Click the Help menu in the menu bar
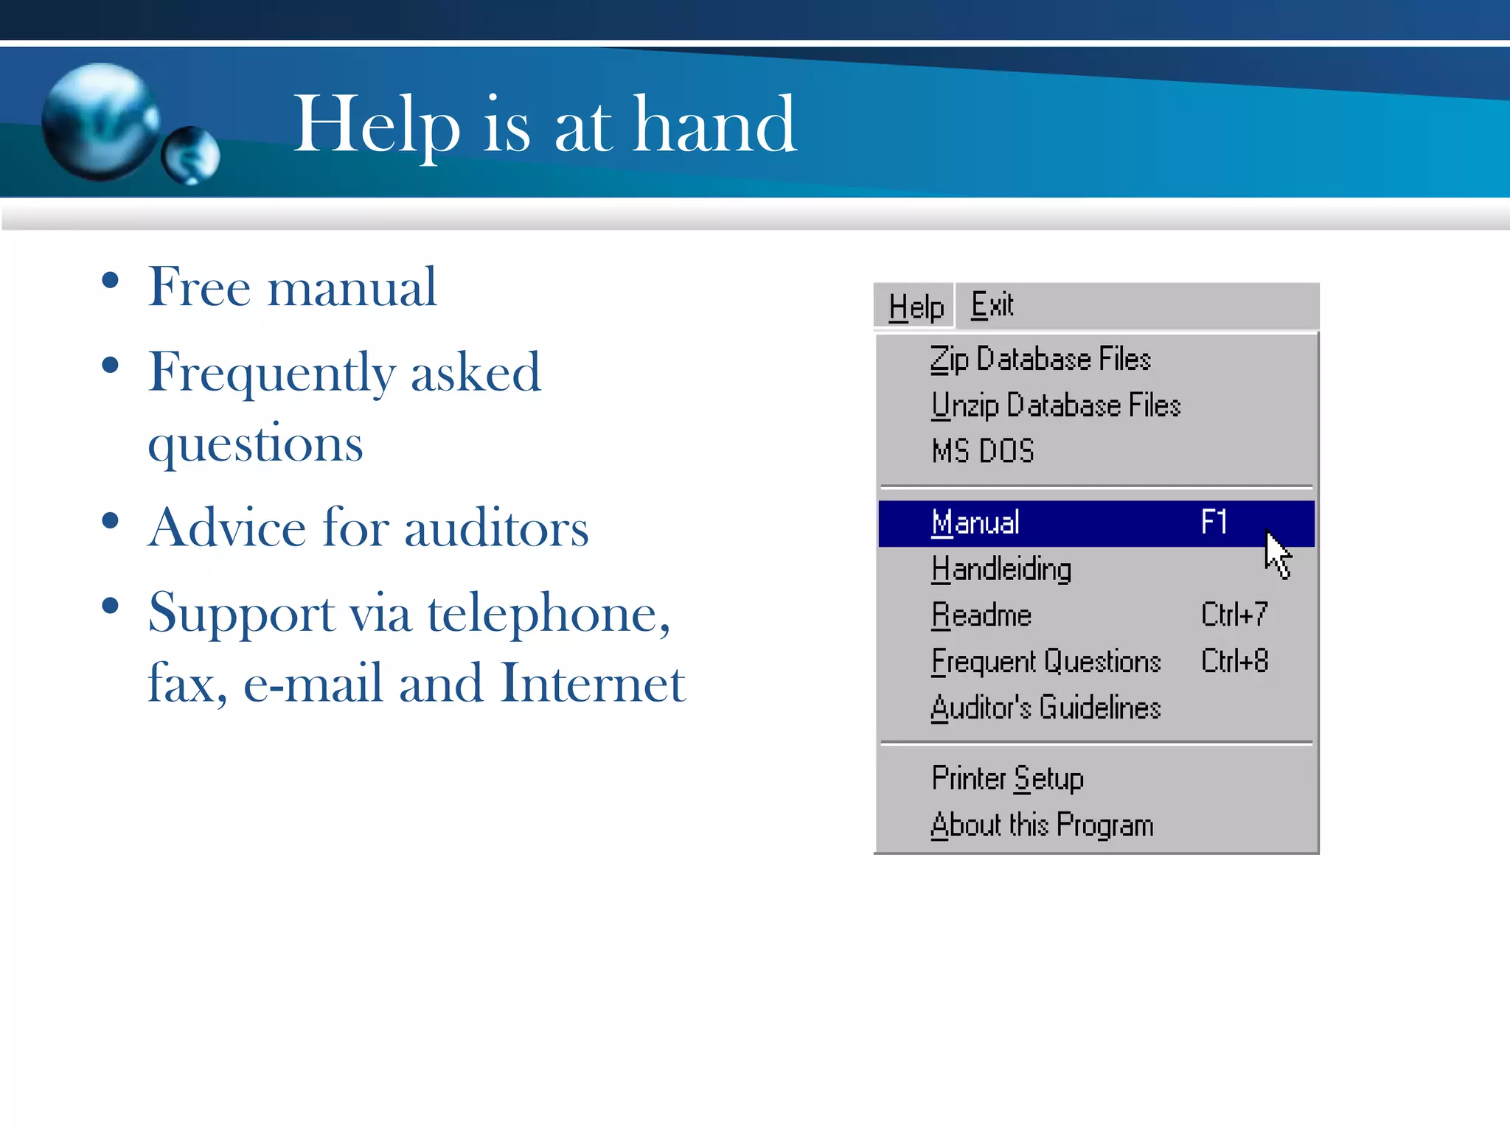point(915,307)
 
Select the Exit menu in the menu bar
point(992,305)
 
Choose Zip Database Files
point(1040,360)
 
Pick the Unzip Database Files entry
point(1055,405)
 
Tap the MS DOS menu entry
point(983,451)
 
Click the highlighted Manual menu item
point(975,523)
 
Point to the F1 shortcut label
point(1214,522)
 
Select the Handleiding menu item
point(1001,570)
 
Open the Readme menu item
point(981,615)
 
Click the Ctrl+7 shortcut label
point(1234,615)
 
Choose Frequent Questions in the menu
point(1045,662)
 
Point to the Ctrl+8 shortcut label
point(1234,661)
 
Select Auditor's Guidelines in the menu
point(1045,708)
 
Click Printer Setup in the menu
point(1007,779)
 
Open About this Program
point(1042,825)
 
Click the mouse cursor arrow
point(1277,553)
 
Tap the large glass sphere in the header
point(100,122)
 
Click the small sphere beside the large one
point(190,155)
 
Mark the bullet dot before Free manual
point(111,281)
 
